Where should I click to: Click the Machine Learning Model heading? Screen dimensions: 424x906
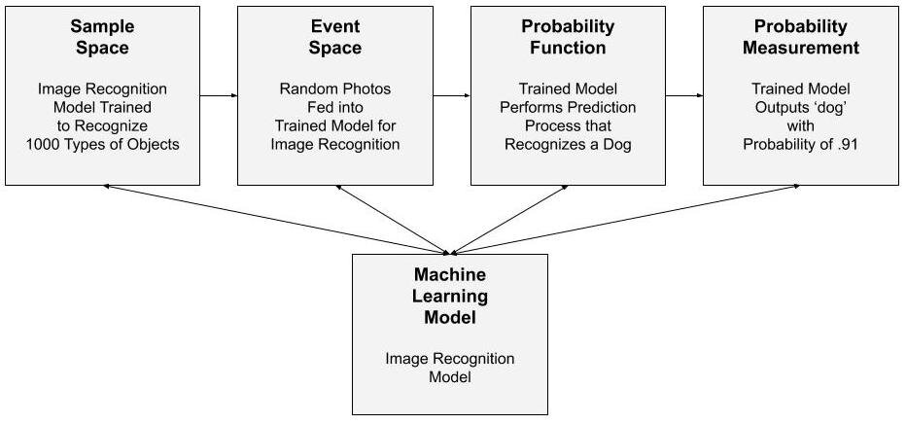click(449, 296)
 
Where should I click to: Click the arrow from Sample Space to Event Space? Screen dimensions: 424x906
click(218, 95)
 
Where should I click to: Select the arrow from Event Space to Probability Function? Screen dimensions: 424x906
click(451, 95)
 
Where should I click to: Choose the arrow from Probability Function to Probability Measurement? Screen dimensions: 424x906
click(683, 95)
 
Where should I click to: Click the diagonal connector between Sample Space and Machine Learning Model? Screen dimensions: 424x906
click(276, 219)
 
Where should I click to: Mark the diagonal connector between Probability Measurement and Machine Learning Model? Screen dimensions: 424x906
click(627, 219)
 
